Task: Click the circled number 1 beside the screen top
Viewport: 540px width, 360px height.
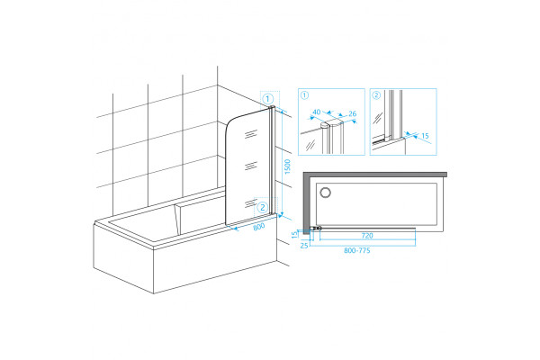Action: (x=268, y=99)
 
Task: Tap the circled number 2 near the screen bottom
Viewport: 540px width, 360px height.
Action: (x=263, y=207)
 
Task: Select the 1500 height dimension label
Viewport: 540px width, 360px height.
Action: (x=288, y=166)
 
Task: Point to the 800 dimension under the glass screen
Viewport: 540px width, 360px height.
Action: (x=258, y=226)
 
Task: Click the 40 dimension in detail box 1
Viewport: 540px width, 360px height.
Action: (x=317, y=112)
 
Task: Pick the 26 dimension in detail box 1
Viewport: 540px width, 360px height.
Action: (x=352, y=113)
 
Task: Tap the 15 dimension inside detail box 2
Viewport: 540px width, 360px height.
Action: (x=425, y=136)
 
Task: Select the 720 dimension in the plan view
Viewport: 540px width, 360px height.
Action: (x=367, y=236)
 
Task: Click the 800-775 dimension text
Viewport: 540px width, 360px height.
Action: (x=357, y=250)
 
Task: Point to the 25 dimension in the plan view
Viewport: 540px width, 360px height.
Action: (x=304, y=246)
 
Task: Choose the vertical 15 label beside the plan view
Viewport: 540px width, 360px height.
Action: (x=294, y=235)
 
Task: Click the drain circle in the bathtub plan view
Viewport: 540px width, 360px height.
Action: (x=325, y=193)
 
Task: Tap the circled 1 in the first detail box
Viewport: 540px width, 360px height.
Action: (x=304, y=95)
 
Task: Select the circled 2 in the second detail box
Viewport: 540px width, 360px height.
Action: (x=376, y=95)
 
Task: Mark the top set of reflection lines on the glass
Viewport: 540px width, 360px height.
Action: (x=251, y=134)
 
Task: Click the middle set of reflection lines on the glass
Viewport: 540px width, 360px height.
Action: (x=251, y=166)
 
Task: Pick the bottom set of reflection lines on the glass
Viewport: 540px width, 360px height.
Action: (x=251, y=203)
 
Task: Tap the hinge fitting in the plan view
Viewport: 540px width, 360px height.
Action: (x=316, y=228)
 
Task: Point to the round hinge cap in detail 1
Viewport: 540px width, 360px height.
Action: (x=325, y=125)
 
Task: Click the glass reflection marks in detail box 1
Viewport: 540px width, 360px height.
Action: (x=310, y=145)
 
